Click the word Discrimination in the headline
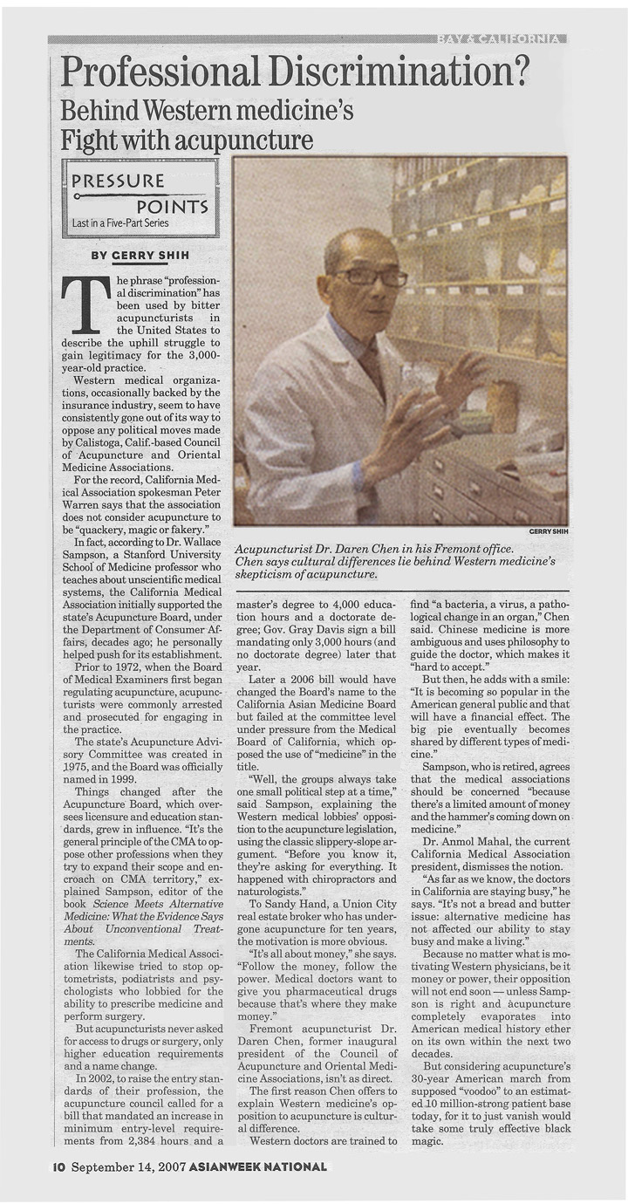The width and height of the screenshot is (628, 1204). (400, 70)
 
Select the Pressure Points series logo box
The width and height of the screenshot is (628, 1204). (139, 199)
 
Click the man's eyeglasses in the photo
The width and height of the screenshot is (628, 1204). (370, 277)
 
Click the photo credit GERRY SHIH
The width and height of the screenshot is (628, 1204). (548, 530)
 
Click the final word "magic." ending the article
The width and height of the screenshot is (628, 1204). (427, 1140)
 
